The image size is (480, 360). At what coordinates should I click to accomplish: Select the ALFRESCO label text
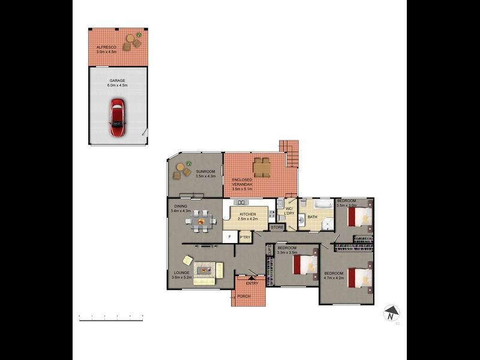[x=106, y=47]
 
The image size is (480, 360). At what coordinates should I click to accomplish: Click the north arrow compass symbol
[x=391, y=313]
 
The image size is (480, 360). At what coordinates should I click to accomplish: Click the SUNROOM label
[x=205, y=172]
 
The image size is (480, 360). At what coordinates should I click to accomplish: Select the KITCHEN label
[x=248, y=214]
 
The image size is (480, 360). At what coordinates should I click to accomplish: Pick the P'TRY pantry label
[x=245, y=238]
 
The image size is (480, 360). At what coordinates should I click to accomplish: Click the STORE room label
[x=277, y=227]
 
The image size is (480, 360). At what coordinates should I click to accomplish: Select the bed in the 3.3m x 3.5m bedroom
[x=307, y=264]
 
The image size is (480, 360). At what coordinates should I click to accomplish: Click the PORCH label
[x=244, y=296]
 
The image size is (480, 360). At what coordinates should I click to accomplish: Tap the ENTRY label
[x=252, y=283]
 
